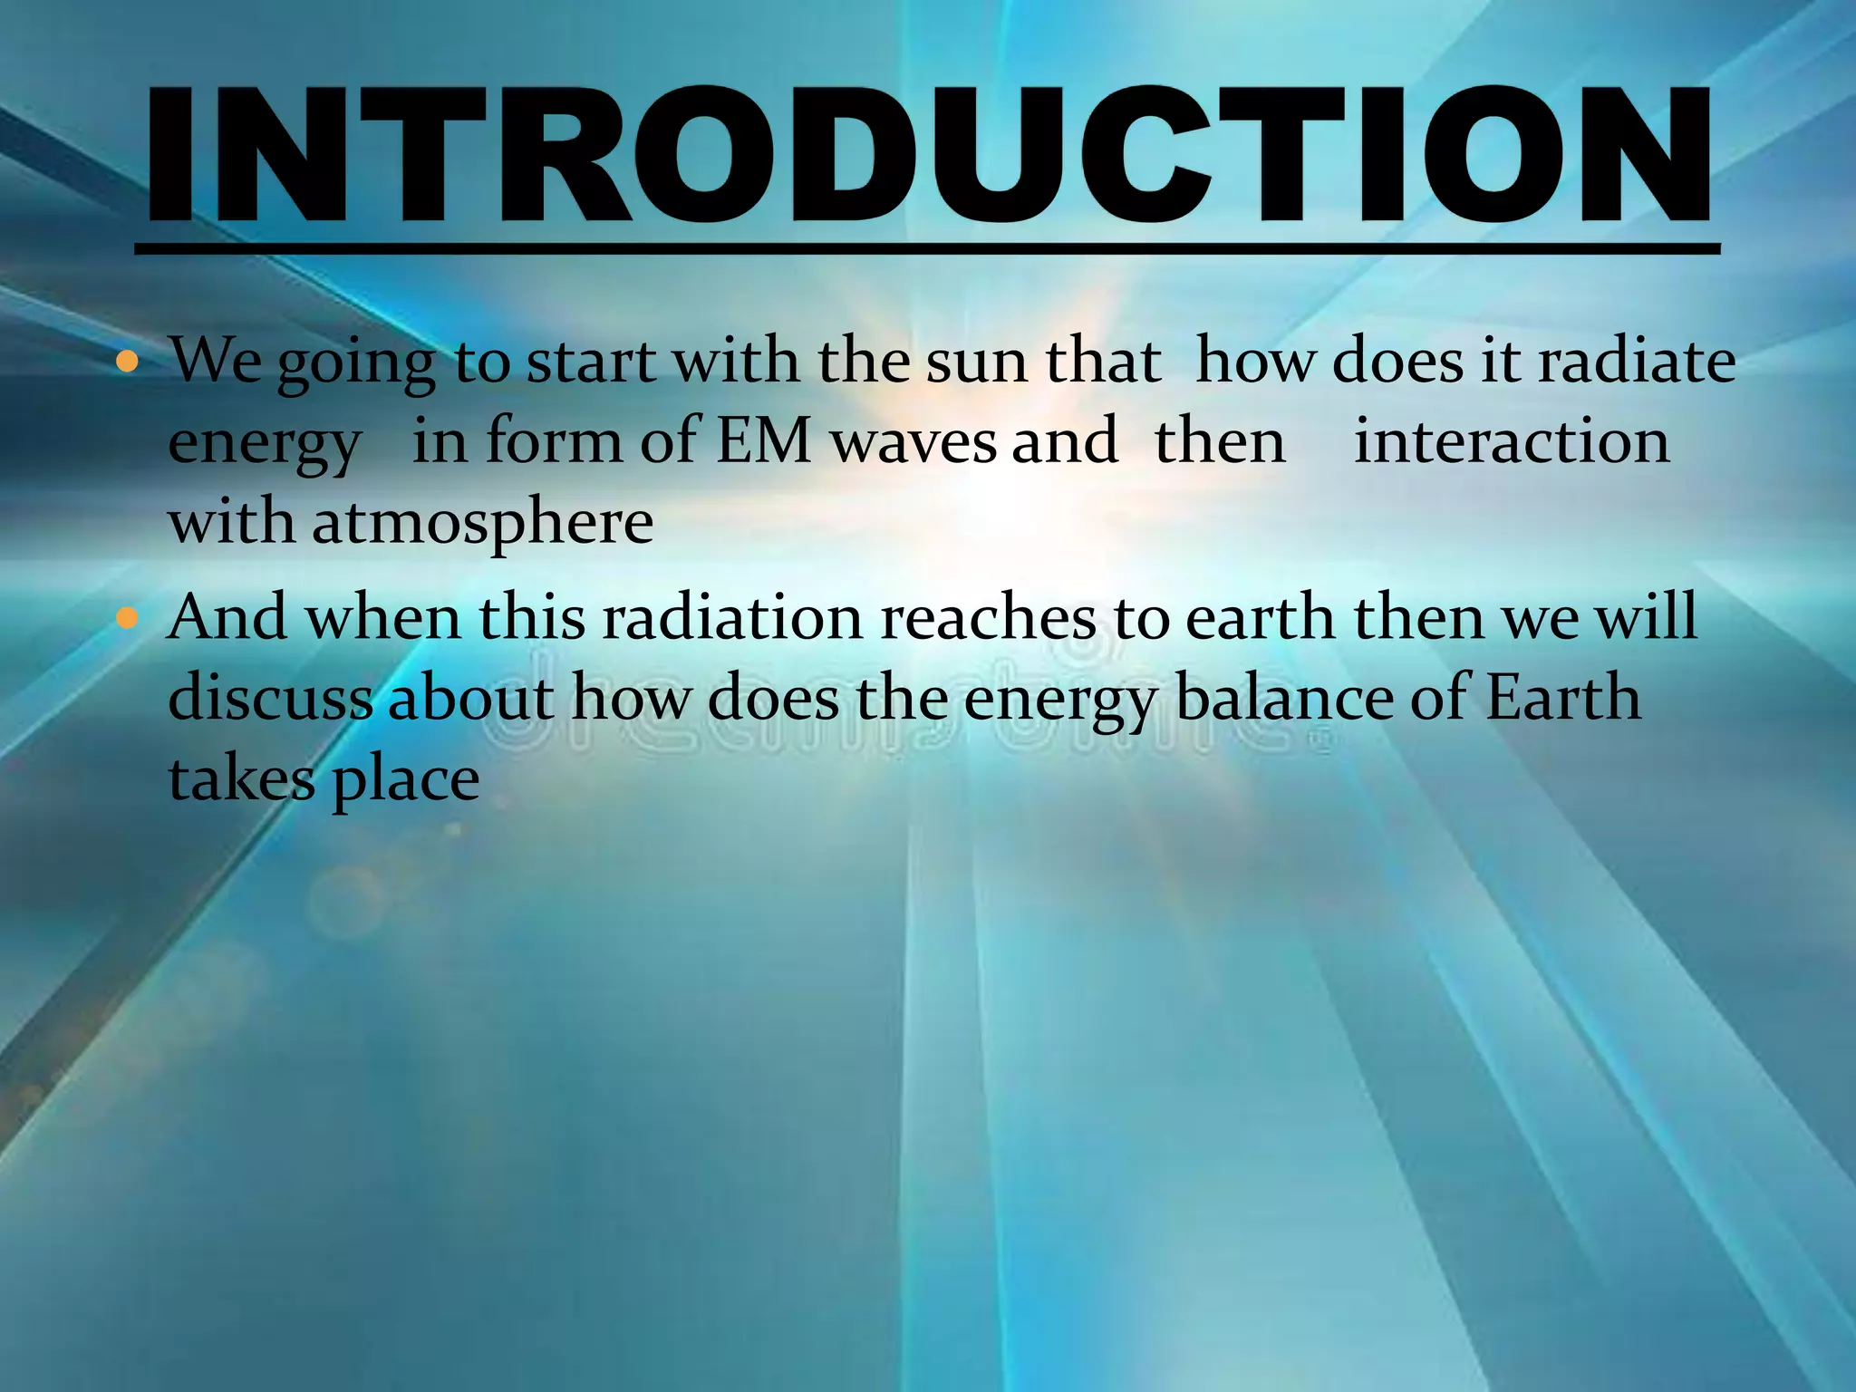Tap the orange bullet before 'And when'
[128, 619]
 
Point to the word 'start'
[591, 362]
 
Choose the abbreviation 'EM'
[763, 442]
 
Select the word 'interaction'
[1511, 442]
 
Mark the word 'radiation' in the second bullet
[732, 618]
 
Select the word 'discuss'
[270, 699]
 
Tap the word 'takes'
[242, 779]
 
